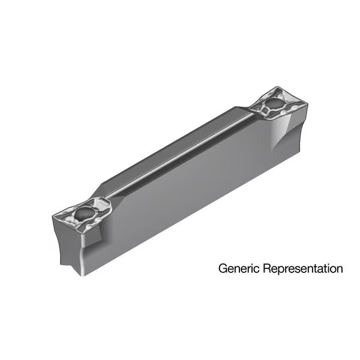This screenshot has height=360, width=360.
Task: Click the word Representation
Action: (303, 268)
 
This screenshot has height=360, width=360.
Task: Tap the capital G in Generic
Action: (223, 268)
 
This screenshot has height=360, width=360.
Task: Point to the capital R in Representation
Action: (267, 268)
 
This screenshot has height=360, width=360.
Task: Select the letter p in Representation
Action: (282, 270)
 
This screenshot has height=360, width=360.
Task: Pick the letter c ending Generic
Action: (257, 269)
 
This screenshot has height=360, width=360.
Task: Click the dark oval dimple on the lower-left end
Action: (83, 212)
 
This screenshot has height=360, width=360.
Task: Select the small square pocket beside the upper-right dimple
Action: (265, 112)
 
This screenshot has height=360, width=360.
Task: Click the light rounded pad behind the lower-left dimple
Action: (102, 203)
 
